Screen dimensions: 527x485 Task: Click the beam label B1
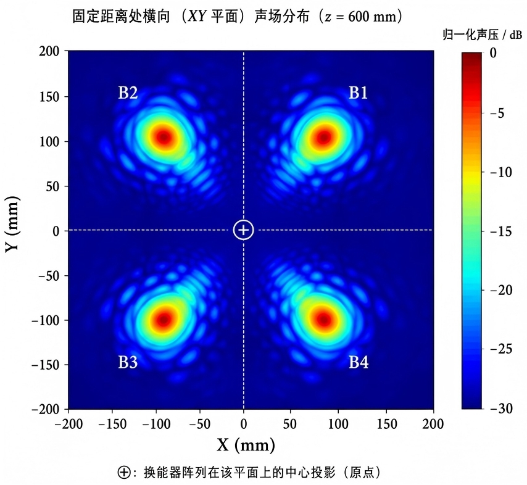[359, 93]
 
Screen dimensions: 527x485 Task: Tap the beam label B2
[128, 93]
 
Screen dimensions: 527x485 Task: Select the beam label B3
[128, 362]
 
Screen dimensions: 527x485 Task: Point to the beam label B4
[359, 362]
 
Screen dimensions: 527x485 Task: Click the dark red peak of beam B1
[324, 137]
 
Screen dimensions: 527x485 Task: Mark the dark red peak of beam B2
[164, 137]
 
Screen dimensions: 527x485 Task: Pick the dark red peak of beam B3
[164, 319]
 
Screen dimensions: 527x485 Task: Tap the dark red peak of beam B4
[324, 319]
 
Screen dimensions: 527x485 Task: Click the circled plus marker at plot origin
[243, 230]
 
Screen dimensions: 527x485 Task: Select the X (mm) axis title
[246, 445]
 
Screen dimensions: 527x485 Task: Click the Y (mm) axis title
[12, 224]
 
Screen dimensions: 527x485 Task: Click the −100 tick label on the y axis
[46, 320]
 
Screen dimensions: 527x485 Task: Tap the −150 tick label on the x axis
[112, 424]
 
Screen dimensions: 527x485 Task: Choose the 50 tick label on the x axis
[289, 424]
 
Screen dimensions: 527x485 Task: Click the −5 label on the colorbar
[497, 114]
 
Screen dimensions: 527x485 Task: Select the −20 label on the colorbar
[501, 290]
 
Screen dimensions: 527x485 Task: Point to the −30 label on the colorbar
[501, 408]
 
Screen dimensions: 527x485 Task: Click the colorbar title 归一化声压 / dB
[482, 35]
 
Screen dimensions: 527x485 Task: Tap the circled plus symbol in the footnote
[124, 472]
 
